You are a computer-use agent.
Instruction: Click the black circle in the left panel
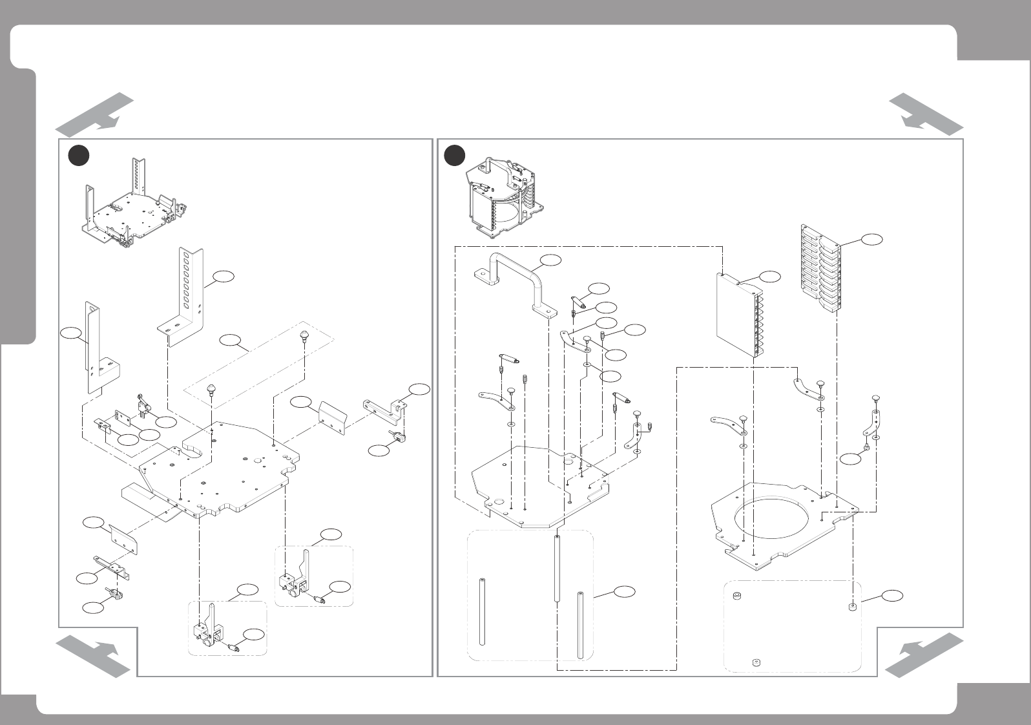79,156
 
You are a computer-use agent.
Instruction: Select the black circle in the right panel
456,155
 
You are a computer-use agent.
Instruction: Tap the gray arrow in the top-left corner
95,113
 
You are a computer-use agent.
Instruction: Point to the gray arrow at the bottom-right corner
924,655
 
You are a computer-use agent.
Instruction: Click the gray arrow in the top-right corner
925,113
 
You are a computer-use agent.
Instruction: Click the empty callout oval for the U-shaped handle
550,260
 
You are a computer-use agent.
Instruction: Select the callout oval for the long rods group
624,591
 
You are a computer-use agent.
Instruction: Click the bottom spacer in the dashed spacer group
756,662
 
